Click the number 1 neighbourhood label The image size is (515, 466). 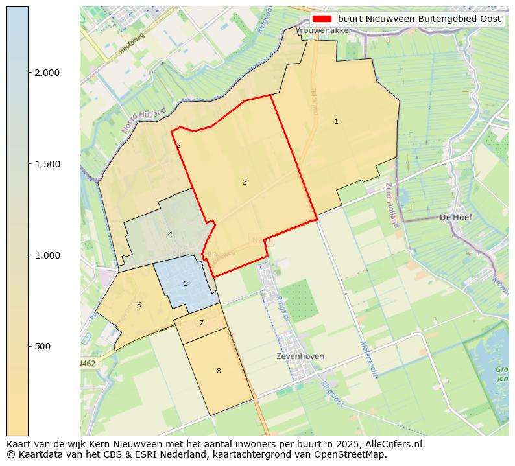tap(336, 122)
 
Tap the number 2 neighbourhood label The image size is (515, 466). tap(178, 146)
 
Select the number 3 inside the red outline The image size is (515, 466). tap(245, 183)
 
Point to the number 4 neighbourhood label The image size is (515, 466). tap(170, 234)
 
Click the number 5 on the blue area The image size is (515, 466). tap(186, 284)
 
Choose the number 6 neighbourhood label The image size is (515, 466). tap(139, 305)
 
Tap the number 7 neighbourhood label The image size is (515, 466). tap(201, 323)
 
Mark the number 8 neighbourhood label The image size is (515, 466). tap(219, 371)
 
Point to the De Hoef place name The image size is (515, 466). tap(455, 217)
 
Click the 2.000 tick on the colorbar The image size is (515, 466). tap(47, 73)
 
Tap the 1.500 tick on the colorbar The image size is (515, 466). tap(47, 164)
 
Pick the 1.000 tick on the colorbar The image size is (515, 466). tap(47, 255)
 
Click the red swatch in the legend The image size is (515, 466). tap(322, 19)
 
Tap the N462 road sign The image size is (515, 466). tap(87, 364)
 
